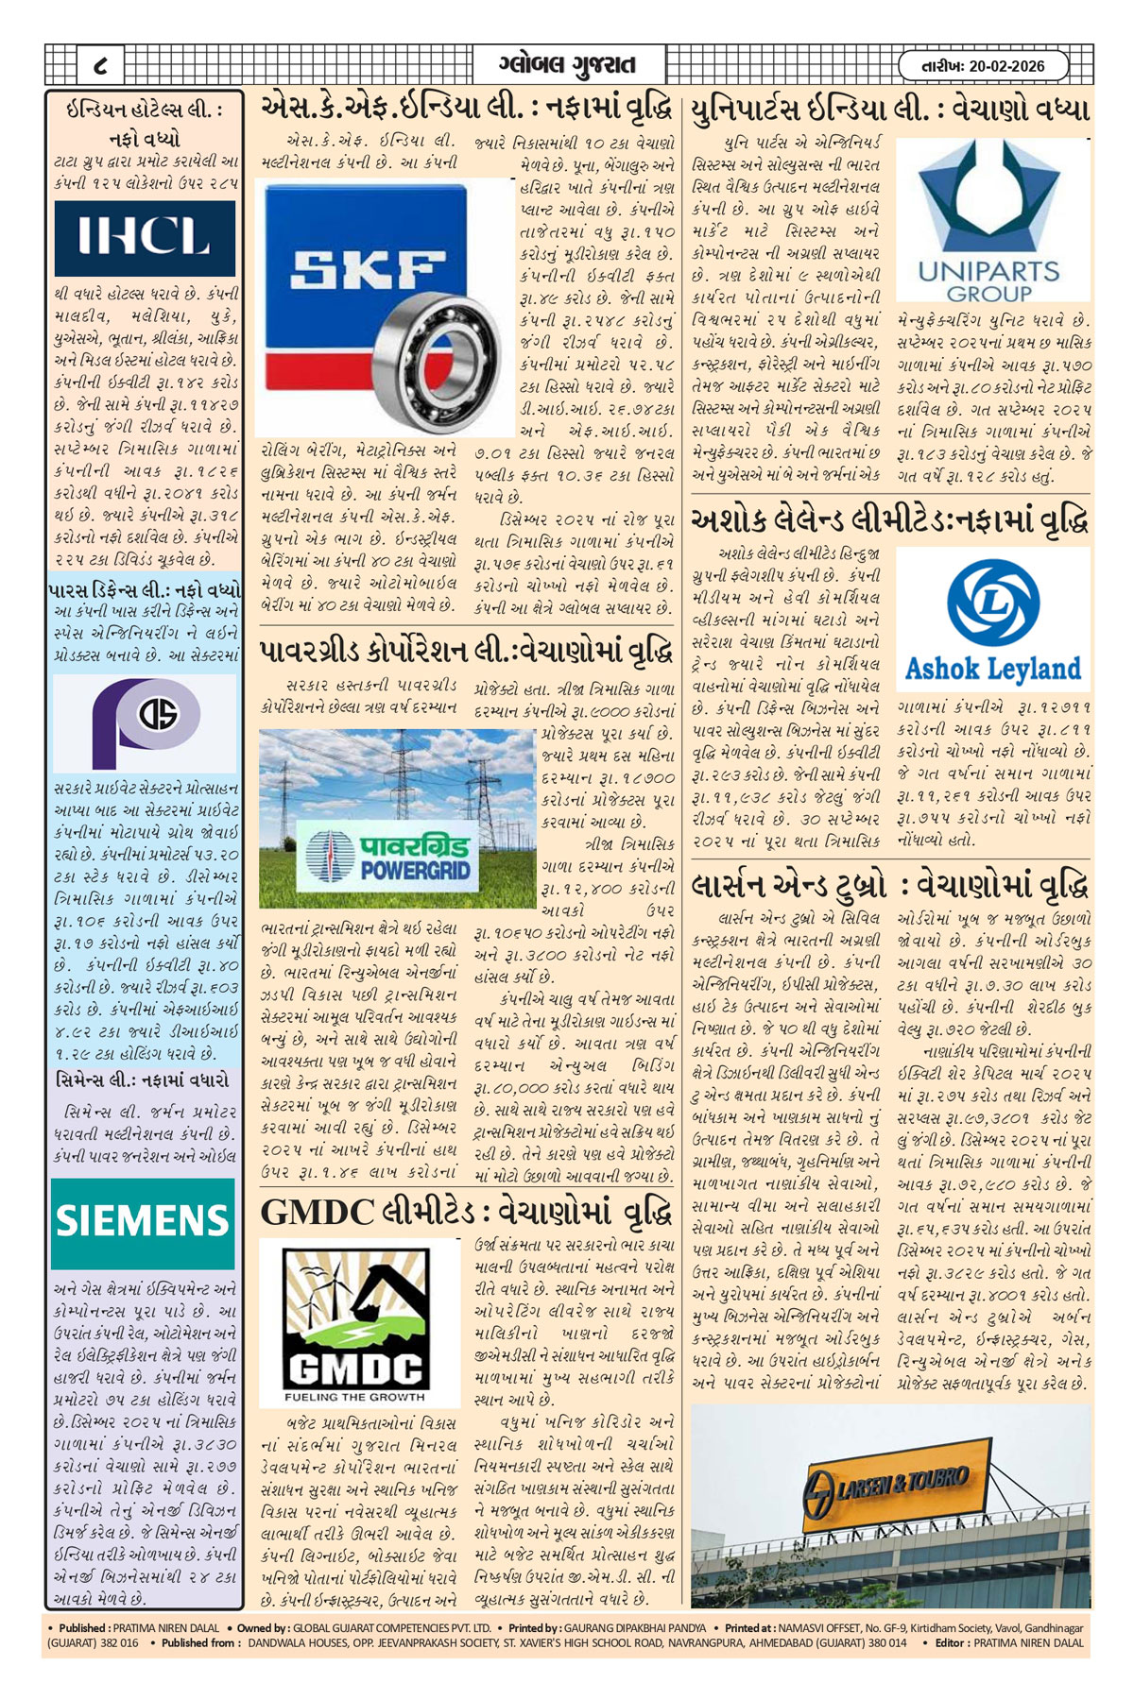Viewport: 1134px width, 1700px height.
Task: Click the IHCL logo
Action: click(144, 235)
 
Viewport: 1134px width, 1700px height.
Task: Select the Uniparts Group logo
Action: click(990, 223)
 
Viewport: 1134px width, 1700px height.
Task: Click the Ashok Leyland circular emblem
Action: click(992, 603)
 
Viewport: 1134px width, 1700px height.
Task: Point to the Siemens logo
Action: click(143, 1222)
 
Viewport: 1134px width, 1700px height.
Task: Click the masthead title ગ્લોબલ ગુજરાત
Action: click(567, 65)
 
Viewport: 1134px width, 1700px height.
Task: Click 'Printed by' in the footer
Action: click(533, 1627)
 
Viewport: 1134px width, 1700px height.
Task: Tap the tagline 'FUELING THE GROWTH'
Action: click(354, 1397)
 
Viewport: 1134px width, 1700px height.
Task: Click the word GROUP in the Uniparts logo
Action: click(988, 294)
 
